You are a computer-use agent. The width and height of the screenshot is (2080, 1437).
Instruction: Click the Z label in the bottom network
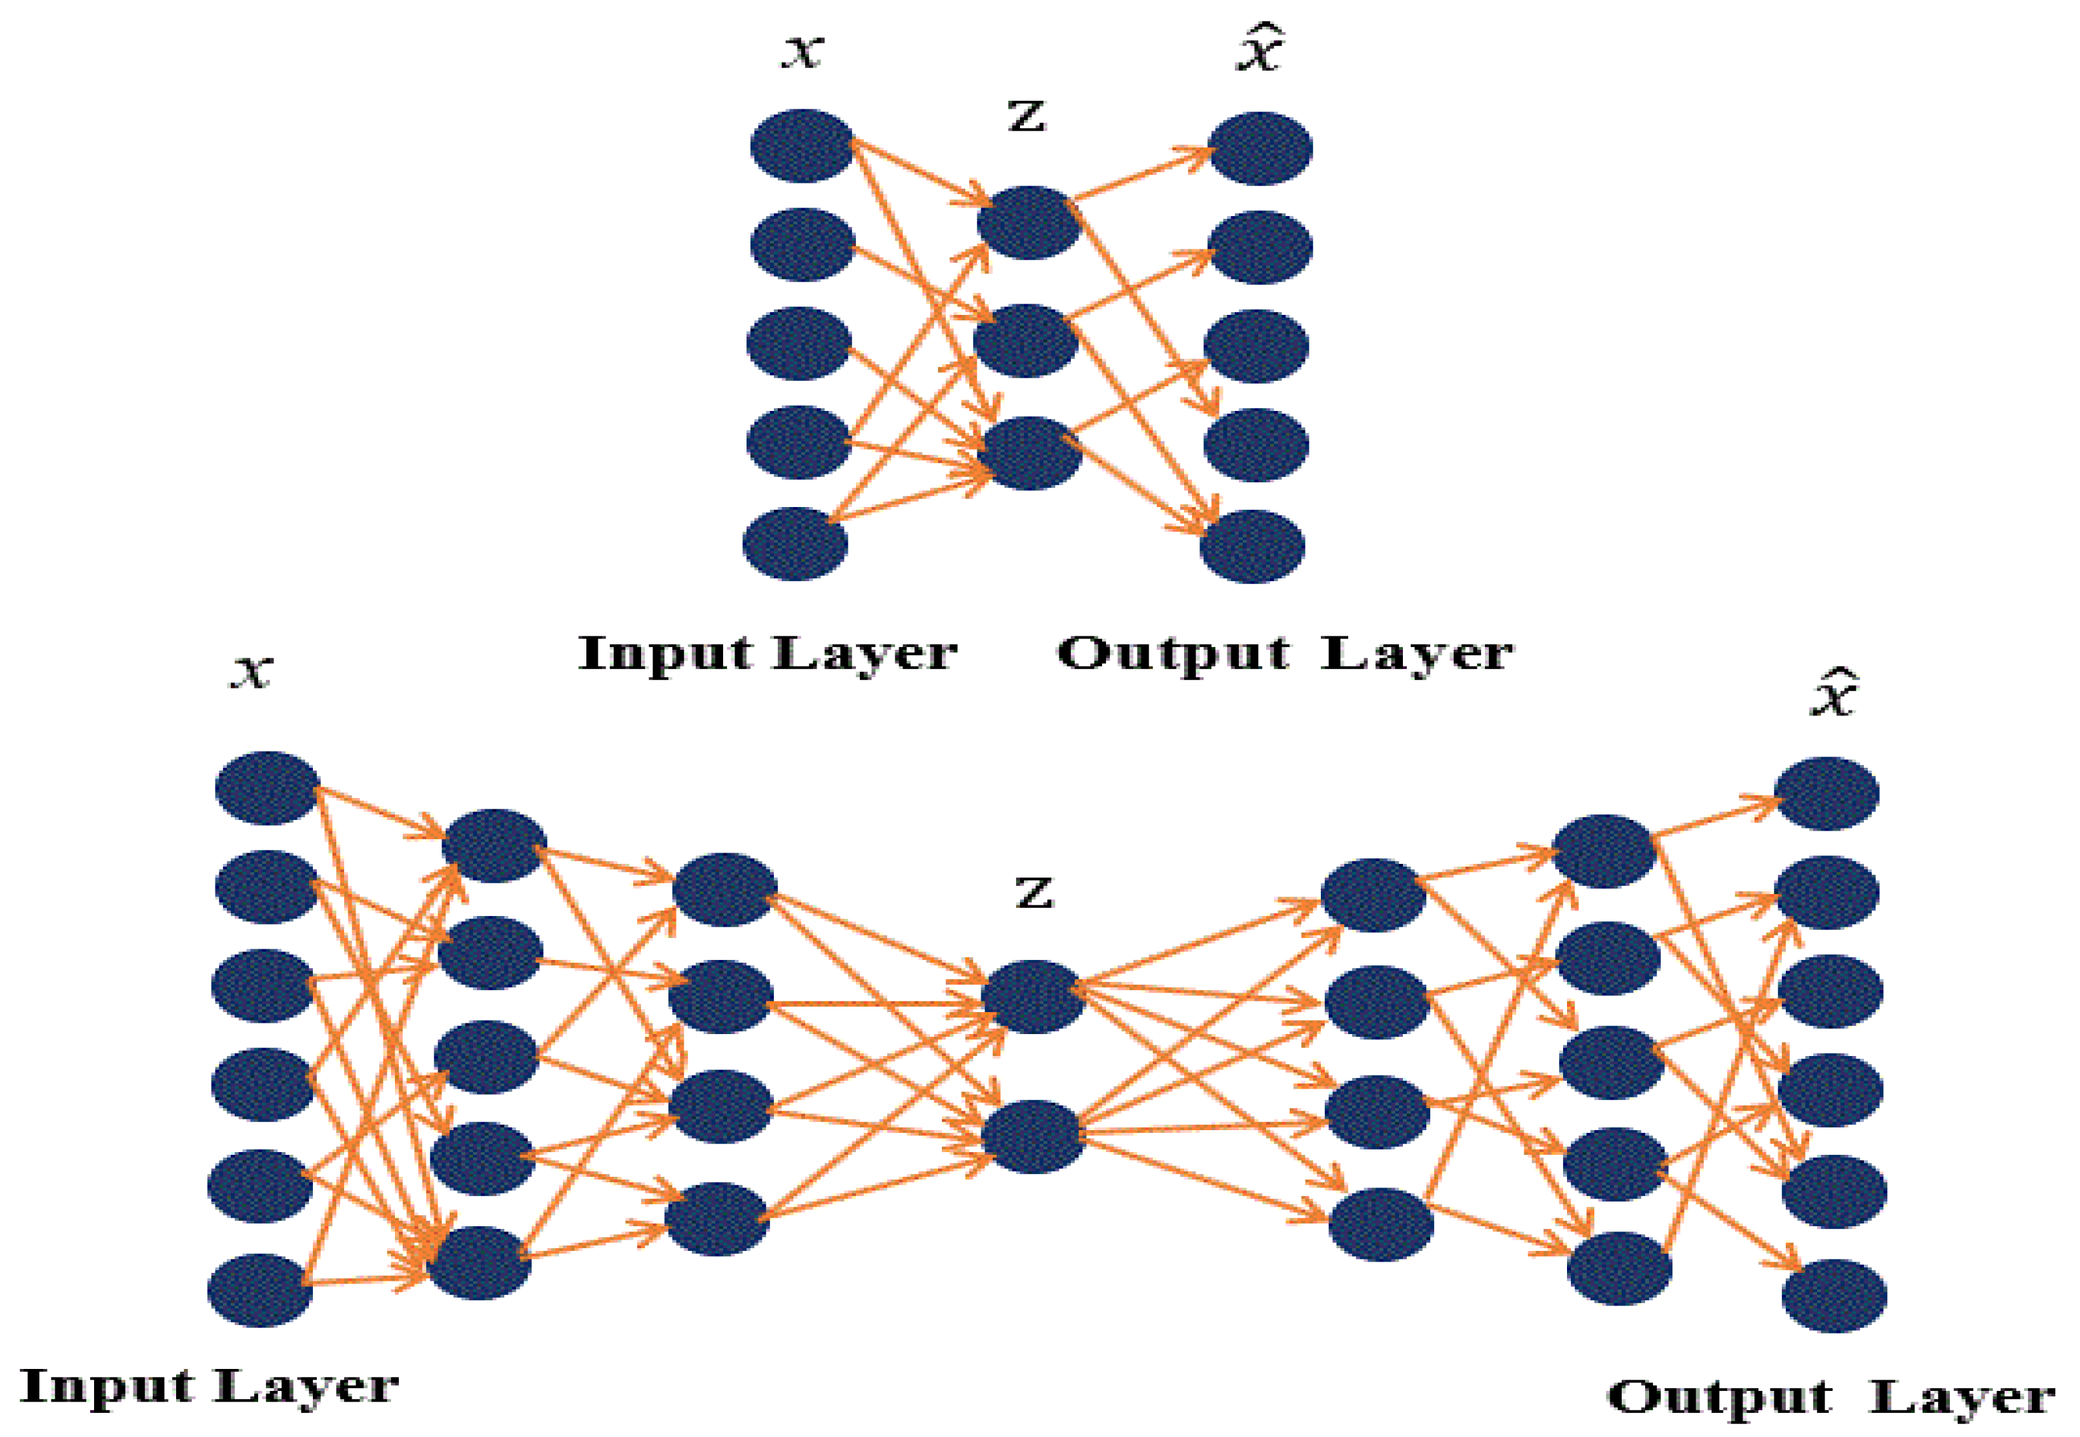pos(1034,894)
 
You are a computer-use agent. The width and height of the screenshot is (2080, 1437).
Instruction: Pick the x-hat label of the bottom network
pos(1833,693)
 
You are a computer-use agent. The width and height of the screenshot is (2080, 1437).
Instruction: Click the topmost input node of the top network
pos(801,146)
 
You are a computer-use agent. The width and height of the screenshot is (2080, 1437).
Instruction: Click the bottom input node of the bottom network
pos(260,1290)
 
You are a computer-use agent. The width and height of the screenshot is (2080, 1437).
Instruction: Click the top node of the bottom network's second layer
pos(494,845)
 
